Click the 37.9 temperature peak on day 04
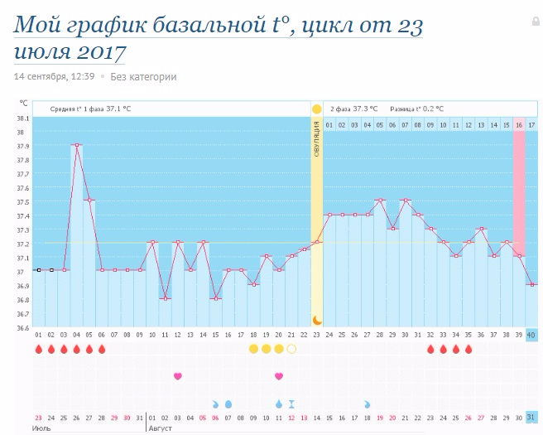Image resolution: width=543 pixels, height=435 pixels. (x=76, y=145)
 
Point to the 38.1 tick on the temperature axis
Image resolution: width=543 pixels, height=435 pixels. (x=22, y=118)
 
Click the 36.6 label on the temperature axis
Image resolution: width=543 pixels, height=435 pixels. (x=22, y=328)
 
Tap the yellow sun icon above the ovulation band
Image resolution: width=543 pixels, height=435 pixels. (x=316, y=109)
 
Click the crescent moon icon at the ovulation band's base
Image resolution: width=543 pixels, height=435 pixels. (x=316, y=320)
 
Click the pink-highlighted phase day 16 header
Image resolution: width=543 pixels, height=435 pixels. (x=519, y=124)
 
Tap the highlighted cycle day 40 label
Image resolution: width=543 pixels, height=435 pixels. (x=531, y=335)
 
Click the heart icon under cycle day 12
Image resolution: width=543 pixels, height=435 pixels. (x=177, y=376)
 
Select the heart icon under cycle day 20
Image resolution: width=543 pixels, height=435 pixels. (x=279, y=376)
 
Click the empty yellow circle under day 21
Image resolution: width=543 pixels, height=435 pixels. (x=291, y=349)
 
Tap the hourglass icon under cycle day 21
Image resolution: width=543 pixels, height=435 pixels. (x=291, y=404)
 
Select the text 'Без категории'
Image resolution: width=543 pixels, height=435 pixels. (x=143, y=77)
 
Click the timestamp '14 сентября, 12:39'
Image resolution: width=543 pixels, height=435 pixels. (x=54, y=77)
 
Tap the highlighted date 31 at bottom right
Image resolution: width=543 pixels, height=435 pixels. (x=531, y=417)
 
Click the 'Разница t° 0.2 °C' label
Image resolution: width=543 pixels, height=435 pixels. (x=416, y=109)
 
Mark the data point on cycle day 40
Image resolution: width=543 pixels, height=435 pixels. (x=531, y=284)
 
